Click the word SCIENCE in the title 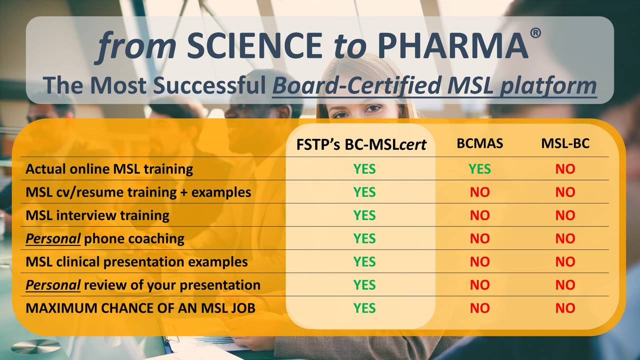point(254,46)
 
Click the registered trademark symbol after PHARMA point(535,33)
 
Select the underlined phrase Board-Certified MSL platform point(434,85)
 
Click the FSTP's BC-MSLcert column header point(361,144)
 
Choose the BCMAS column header point(479,144)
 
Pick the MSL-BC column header point(565,144)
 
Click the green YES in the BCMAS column point(479,169)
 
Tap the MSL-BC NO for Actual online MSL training point(565,169)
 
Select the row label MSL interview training point(97,215)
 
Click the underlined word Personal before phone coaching point(53,239)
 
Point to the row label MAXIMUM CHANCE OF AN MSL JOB point(140,308)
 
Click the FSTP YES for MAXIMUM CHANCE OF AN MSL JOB point(364,308)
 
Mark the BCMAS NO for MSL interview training point(479,215)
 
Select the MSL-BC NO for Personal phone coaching point(565,239)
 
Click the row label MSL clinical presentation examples point(136,261)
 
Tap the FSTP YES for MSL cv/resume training point(364,192)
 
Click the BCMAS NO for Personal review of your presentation point(479,285)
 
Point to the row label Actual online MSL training point(109,169)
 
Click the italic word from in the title point(136,46)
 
